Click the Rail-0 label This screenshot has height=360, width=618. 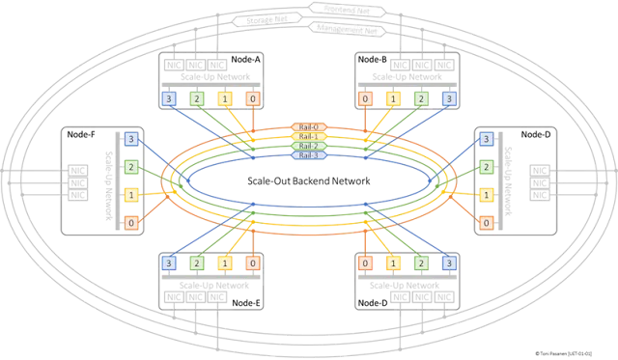[x=308, y=127]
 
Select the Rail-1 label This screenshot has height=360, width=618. [x=308, y=137]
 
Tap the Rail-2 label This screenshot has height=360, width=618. [x=308, y=146]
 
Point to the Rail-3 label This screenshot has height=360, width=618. [x=308, y=155]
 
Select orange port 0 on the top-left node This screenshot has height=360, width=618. [x=252, y=98]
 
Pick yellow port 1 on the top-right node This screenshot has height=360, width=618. [x=392, y=98]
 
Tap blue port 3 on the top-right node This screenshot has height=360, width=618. [x=448, y=98]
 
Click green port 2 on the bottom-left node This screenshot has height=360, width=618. [x=196, y=263]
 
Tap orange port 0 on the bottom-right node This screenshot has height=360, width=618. [x=364, y=263]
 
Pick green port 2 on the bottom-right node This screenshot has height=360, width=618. [x=420, y=263]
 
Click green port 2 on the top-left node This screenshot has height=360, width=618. [x=196, y=98]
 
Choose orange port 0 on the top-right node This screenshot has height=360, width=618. [x=364, y=98]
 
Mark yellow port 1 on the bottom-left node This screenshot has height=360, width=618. [x=224, y=263]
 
